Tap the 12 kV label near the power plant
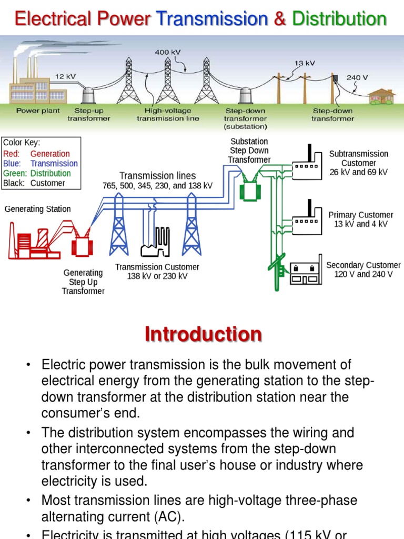click(66, 76)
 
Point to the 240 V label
click(357, 77)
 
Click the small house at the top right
click(382, 96)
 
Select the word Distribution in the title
click(339, 19)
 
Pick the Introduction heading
click(203, 335)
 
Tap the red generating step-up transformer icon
click(82, 243)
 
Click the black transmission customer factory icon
click(156, 245)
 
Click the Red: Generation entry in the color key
click(36, 154)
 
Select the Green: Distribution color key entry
click(37, 173)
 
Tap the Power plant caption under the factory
click(38, 111)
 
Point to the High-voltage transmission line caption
click(168, 115)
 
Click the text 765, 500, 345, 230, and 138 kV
click(157, 186)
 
